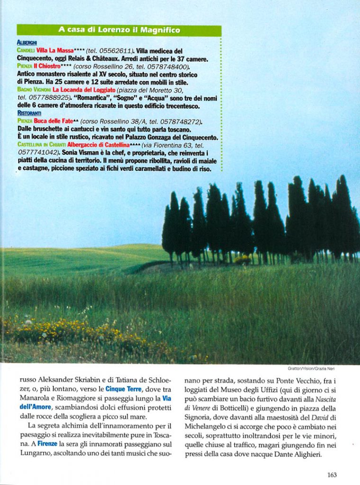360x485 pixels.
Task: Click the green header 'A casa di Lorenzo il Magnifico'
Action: point(119,30)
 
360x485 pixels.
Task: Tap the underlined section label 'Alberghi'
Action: point(27,43)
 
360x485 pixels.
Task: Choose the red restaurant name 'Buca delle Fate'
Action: point(56,121)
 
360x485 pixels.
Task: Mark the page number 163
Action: point(332,475)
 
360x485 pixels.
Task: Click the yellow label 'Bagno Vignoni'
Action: point(34,90)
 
